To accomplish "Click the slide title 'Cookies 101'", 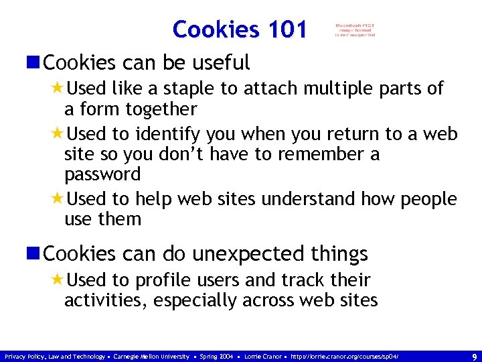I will tap(239, 29).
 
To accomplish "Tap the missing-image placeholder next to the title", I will tap(355, 30).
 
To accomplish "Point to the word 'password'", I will tap(102, 175).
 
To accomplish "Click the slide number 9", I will tap(474, 357).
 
